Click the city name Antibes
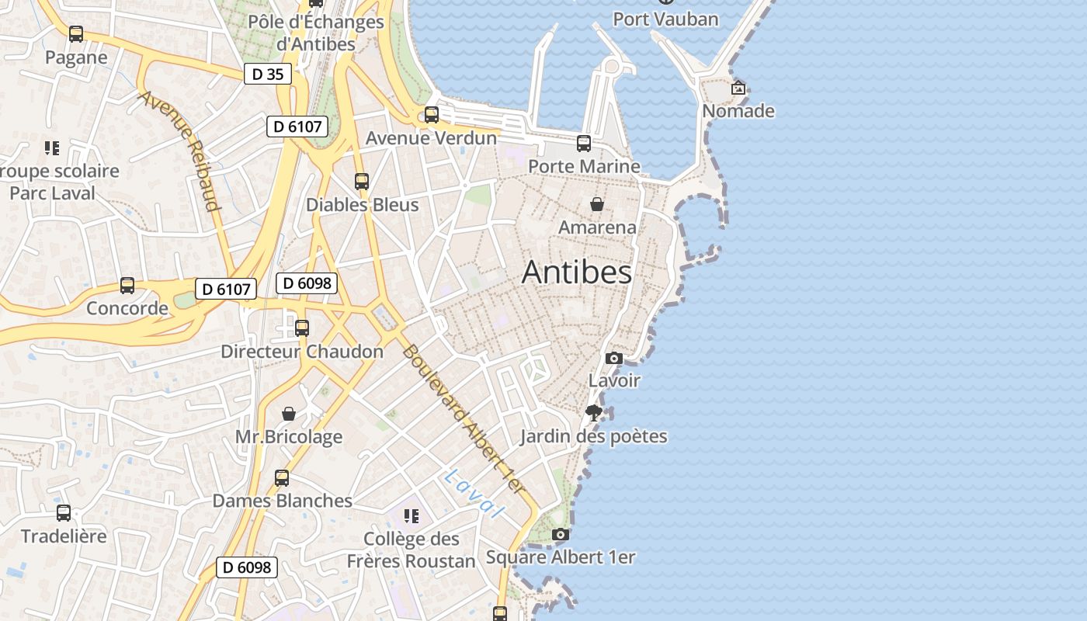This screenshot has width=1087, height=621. click(x=576, y=272)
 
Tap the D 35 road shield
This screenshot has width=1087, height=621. click(x=268, y=74)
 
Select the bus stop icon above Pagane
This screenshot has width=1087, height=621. click(x=75, y=34)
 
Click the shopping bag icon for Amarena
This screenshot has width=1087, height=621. click(x=597, y=204)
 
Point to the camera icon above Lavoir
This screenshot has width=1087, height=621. click(x=613, y=358)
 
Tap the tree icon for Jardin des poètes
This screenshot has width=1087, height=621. click(x=594, y=413)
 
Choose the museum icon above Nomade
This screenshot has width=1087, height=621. click(x=738, y=88)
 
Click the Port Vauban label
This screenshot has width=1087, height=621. click(x=665, y=19)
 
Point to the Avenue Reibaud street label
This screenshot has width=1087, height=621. click(x=179, y=151)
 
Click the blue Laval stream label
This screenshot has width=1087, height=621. click(x=474, y=494)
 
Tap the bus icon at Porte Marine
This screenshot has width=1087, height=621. click(x=584, y=144)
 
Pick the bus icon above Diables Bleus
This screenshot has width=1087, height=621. click(x=362, y=182)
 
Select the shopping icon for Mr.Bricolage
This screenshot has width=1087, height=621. click(x=289, y=414)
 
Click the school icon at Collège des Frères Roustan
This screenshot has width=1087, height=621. click(x=412, y=515)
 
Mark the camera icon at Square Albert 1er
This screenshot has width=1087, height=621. click(x=560, y=534)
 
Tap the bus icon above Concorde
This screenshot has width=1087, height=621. click(x=127, y=285)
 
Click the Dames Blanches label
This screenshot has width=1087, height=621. click(x=283, y=501)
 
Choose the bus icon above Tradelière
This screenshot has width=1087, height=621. click(x=64, y=513)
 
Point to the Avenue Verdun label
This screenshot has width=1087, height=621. click(x=431, y=138)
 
